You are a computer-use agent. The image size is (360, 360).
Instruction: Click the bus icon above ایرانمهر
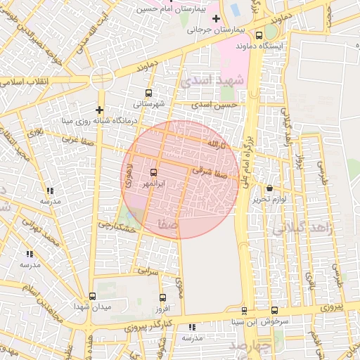click(x=154, y=172)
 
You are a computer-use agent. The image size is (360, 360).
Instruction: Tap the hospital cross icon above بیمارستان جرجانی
click(x=216, y=18)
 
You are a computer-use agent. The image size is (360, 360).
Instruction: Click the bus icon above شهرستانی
click(x=148, y=93)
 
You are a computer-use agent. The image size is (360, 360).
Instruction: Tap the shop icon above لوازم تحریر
click(x=271, y=188)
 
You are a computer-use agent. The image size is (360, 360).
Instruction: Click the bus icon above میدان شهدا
click(x=92, y=296)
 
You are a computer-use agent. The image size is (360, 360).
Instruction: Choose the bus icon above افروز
click(x=163, y=298)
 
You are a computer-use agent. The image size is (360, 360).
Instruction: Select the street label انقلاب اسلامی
click(x=24, y=83)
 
